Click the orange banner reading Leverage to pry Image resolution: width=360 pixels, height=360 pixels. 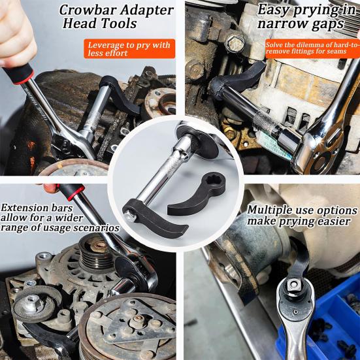tap(129, 49)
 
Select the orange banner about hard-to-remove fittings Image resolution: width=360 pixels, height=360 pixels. tap(312, 49)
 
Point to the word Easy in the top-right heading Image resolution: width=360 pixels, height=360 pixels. tap(274, 9)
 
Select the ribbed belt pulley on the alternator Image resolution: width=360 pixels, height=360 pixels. tap(95, 252)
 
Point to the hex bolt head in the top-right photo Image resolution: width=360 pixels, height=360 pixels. tap(234, 44)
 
